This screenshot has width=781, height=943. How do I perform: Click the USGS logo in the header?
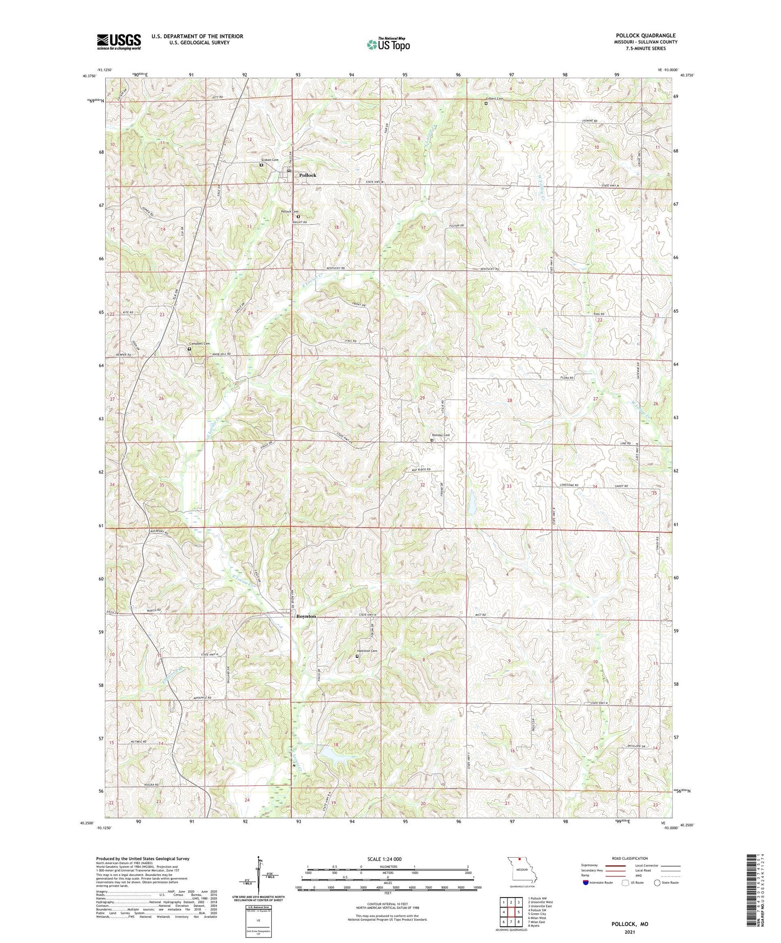(119, 42)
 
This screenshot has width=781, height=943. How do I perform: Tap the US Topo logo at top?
(388, 44)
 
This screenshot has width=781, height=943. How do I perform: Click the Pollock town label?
(308, 176)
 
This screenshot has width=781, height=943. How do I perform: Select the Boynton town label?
(306, 616)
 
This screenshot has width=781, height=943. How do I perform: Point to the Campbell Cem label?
(199, 343)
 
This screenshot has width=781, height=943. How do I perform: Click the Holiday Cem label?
(440, 435)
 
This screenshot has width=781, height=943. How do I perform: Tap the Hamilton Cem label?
(366, 651)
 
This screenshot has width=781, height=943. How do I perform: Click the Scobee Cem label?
(269, 160)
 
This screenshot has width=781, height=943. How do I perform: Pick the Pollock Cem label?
(289, 211)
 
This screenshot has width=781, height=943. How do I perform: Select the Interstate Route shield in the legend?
(586, 883)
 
